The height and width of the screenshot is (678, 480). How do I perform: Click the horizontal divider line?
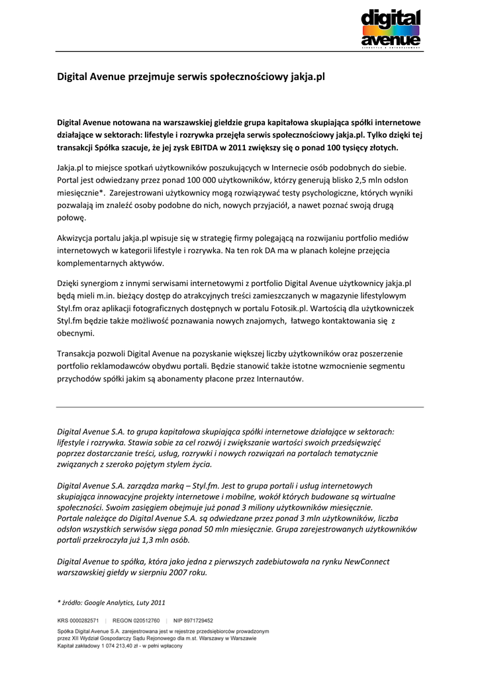click(x=240, y=407)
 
